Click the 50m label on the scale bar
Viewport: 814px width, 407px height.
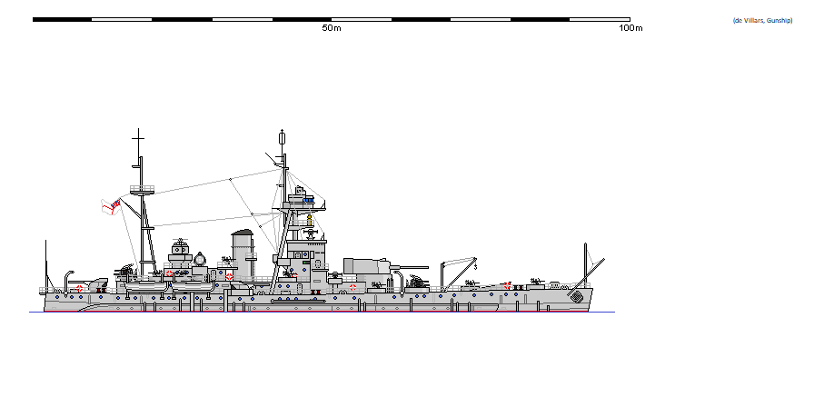(x=332, y=28)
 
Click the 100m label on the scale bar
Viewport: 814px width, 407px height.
(x=630, y=28)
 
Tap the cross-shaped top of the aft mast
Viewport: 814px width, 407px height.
(x=138, y=140)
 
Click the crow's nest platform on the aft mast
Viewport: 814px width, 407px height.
(x=142, y=189)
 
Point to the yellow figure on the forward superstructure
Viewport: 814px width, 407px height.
(x=310, y=221)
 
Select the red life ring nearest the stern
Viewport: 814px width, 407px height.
(x=80, y=289)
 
